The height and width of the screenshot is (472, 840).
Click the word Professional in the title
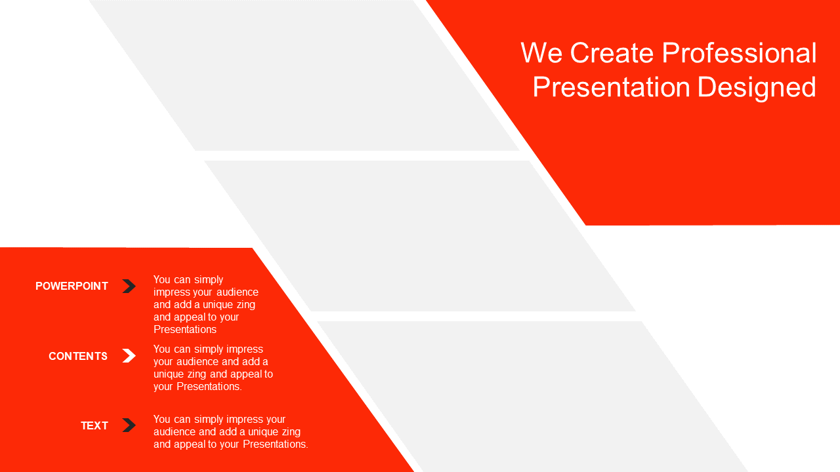739,53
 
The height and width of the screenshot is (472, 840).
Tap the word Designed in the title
757,88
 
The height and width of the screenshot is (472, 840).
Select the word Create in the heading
612,53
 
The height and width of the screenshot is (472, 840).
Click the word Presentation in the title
611,87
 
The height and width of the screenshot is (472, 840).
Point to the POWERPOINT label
72,286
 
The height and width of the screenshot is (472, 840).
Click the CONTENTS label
78,356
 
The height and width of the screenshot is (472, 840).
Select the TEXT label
94,425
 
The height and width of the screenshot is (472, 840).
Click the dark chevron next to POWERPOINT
129,286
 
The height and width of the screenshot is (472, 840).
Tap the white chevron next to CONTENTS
129,356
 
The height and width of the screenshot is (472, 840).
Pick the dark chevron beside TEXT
129,425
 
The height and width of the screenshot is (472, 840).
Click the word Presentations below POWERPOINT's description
185,329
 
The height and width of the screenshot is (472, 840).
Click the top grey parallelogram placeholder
304,75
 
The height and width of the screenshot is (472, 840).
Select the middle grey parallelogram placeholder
419,236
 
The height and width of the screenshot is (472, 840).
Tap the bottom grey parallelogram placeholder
532,397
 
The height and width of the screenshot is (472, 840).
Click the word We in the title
541,53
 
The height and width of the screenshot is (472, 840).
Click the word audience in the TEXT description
175,431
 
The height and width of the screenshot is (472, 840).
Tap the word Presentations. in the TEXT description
276,444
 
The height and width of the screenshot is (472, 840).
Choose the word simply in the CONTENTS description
209,349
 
